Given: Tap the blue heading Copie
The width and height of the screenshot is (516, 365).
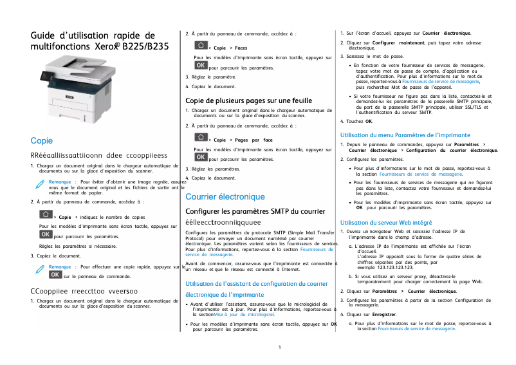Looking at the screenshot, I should tap(42, 140).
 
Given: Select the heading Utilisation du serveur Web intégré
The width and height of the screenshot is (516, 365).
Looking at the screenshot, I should tap(382, 222).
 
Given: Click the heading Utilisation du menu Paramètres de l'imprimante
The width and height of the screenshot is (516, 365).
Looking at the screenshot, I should tap(396, 135).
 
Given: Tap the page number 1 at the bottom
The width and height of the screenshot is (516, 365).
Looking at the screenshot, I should tap(280, 348).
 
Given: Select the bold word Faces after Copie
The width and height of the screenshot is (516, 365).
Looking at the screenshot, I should tap(241, 48).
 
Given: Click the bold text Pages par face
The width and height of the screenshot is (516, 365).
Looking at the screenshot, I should tap(254, 140).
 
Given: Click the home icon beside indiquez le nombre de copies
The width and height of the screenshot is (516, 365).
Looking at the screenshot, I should tap(46, 215).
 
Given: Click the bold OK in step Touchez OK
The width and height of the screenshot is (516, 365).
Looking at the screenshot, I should tap(369, 121).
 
